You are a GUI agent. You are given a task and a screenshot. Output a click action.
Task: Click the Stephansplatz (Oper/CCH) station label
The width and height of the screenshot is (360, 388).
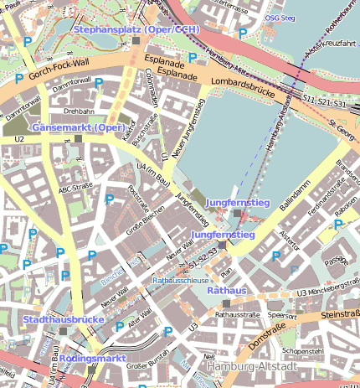click(136, 29)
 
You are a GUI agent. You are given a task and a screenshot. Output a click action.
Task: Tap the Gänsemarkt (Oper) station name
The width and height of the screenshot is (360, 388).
click(79, 127)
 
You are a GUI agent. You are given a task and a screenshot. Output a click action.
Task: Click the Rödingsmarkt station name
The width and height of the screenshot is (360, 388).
click(92, 358)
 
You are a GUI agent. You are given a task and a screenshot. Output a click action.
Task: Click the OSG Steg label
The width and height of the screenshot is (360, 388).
click(279, 18)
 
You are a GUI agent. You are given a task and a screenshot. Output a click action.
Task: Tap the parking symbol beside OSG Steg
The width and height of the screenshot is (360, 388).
click(243, 34)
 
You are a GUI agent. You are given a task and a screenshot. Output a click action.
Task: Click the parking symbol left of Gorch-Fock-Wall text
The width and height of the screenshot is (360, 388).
click(18, 78)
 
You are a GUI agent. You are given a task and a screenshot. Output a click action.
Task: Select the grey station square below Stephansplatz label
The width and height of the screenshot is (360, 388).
click(136, 40)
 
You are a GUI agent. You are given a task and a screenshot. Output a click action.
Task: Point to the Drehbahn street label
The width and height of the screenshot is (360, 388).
click(78, 110)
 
